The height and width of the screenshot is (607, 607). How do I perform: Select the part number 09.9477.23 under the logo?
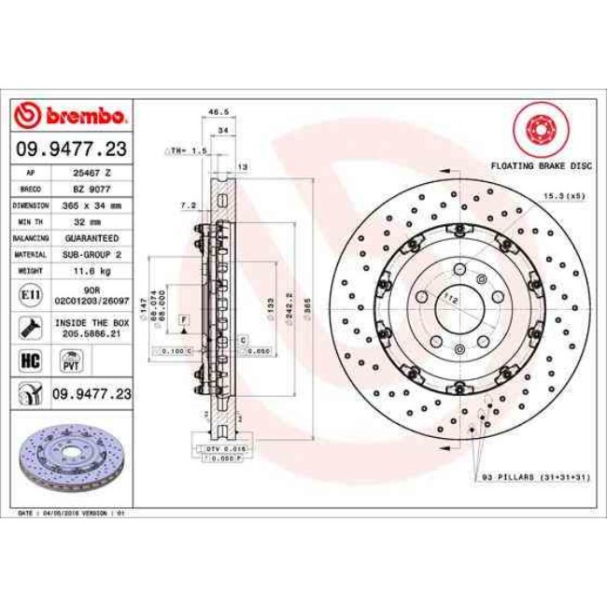click(x=71, y=148)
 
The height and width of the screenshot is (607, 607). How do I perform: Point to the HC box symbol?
click(x=27, y=359)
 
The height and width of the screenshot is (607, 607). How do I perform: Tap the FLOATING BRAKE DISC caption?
click(x=540, y=164)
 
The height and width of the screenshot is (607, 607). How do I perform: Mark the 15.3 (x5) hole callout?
click(x=560, y=197)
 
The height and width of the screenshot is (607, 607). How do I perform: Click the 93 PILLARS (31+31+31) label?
click(x=536, y=477)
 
